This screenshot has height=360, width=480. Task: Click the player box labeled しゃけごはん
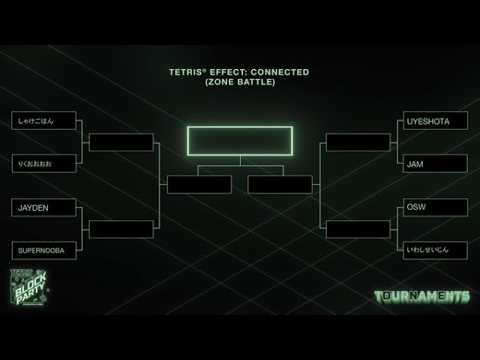(44, 120)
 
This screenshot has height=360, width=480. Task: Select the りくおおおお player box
(44, 163)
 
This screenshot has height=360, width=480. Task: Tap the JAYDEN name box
(44, 207)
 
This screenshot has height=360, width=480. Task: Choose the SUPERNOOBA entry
(44, 250)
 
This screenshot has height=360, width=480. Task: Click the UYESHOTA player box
(436, 120)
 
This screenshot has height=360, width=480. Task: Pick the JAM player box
(436, 163)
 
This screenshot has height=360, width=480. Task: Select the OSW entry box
(436, 207)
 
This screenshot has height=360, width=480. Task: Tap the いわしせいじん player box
(436, 250)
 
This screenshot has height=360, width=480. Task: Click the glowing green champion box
(240, 140)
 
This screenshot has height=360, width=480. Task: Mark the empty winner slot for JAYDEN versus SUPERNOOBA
(121, 229)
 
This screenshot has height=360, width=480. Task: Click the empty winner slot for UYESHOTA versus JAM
(358, 142)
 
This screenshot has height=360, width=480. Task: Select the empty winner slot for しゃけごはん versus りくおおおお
(121, 142)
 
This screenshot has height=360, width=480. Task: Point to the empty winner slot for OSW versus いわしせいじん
(358, 229)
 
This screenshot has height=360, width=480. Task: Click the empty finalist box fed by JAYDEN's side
(199, 184)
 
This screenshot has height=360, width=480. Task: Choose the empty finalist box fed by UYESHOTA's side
(280, 184)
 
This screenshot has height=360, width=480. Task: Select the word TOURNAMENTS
(421, 296)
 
